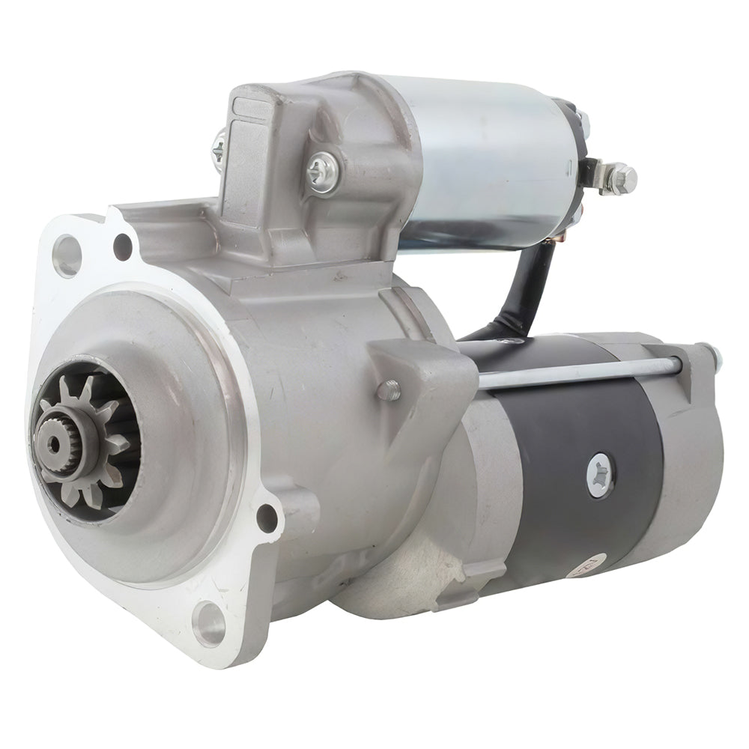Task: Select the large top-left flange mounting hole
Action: (x=67, y=254)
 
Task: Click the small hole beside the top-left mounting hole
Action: (x=122, y=243)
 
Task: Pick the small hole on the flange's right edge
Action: (x=265, y=517)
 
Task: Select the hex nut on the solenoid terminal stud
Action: (x=623, y=178)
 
